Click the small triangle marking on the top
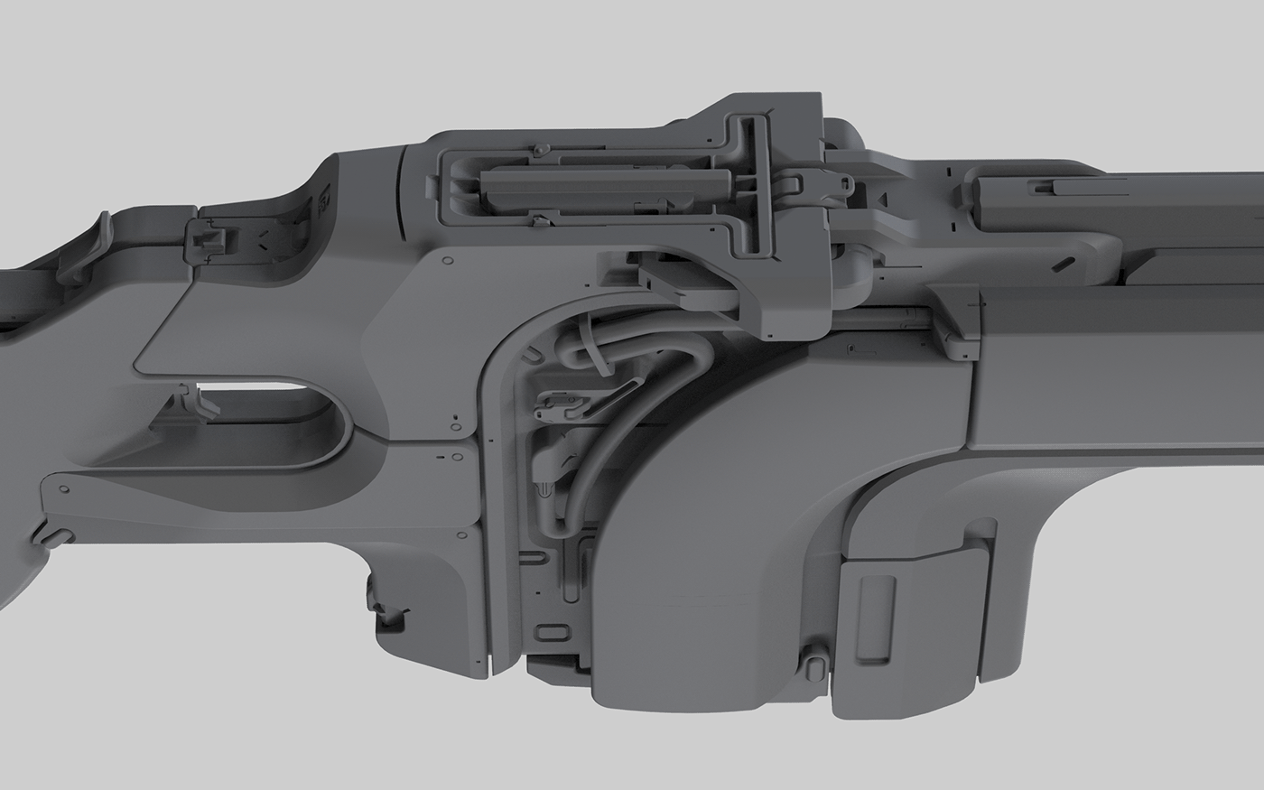point(885,196)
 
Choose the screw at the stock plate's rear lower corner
point(64,488)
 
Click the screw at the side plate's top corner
point(446,261)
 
